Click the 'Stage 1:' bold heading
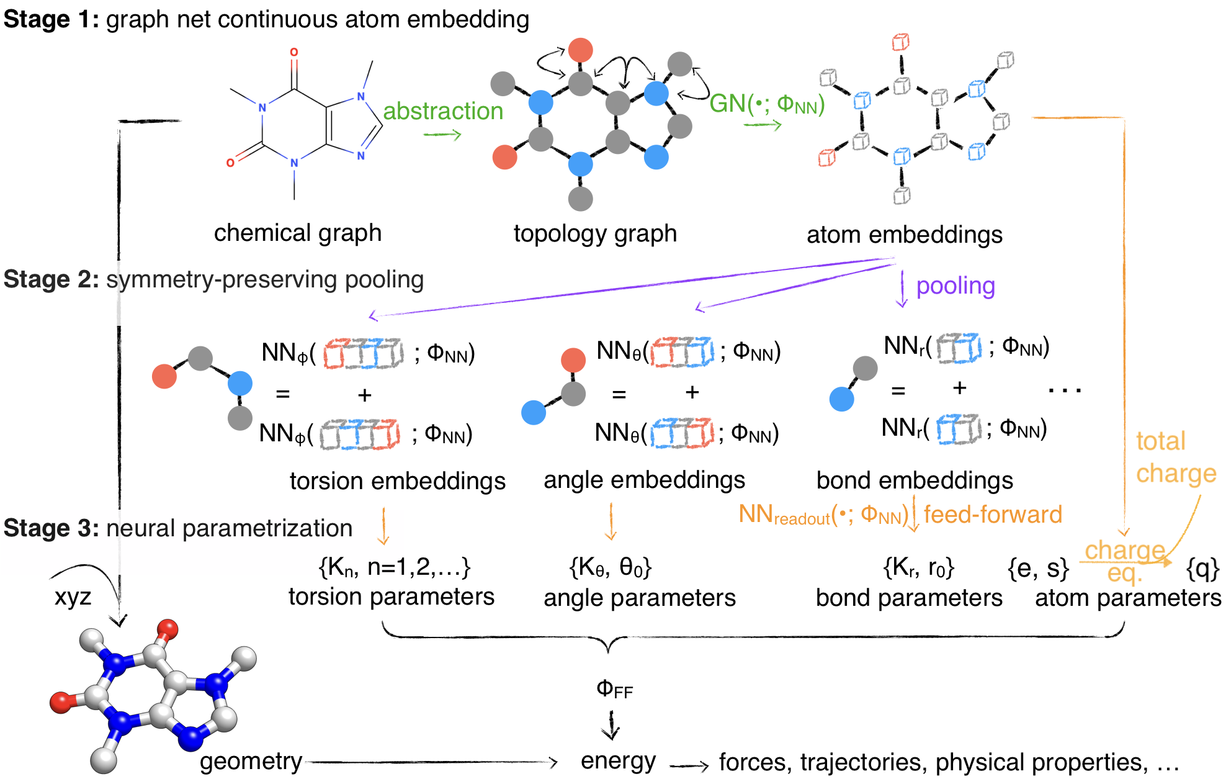(x=51, y=20)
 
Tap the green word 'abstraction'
(x=442, y=111)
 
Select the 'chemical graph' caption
(x=297, y=233)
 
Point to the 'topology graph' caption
(x=595, y=233)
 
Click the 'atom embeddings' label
(x=904, y=235)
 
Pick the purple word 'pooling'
(x=955, y=286)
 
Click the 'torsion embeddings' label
(x=397, y=481)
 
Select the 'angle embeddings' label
(x=644, y=480)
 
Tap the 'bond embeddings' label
(x=915, y=480)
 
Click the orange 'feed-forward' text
(x=993, y=515)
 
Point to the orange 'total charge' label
(x=1175, y=457)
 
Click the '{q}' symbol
(x=1202, y=568)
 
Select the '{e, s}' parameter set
(x=1038, y=568)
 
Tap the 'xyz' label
(x=73, y=597)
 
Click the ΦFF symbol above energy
(x=614, y=688)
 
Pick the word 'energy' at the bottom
(x=618, y=761)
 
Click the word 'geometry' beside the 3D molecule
(x=251, y=761)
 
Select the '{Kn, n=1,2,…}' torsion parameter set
(x=395, y=567)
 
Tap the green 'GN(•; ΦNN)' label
(x=766, y=104)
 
